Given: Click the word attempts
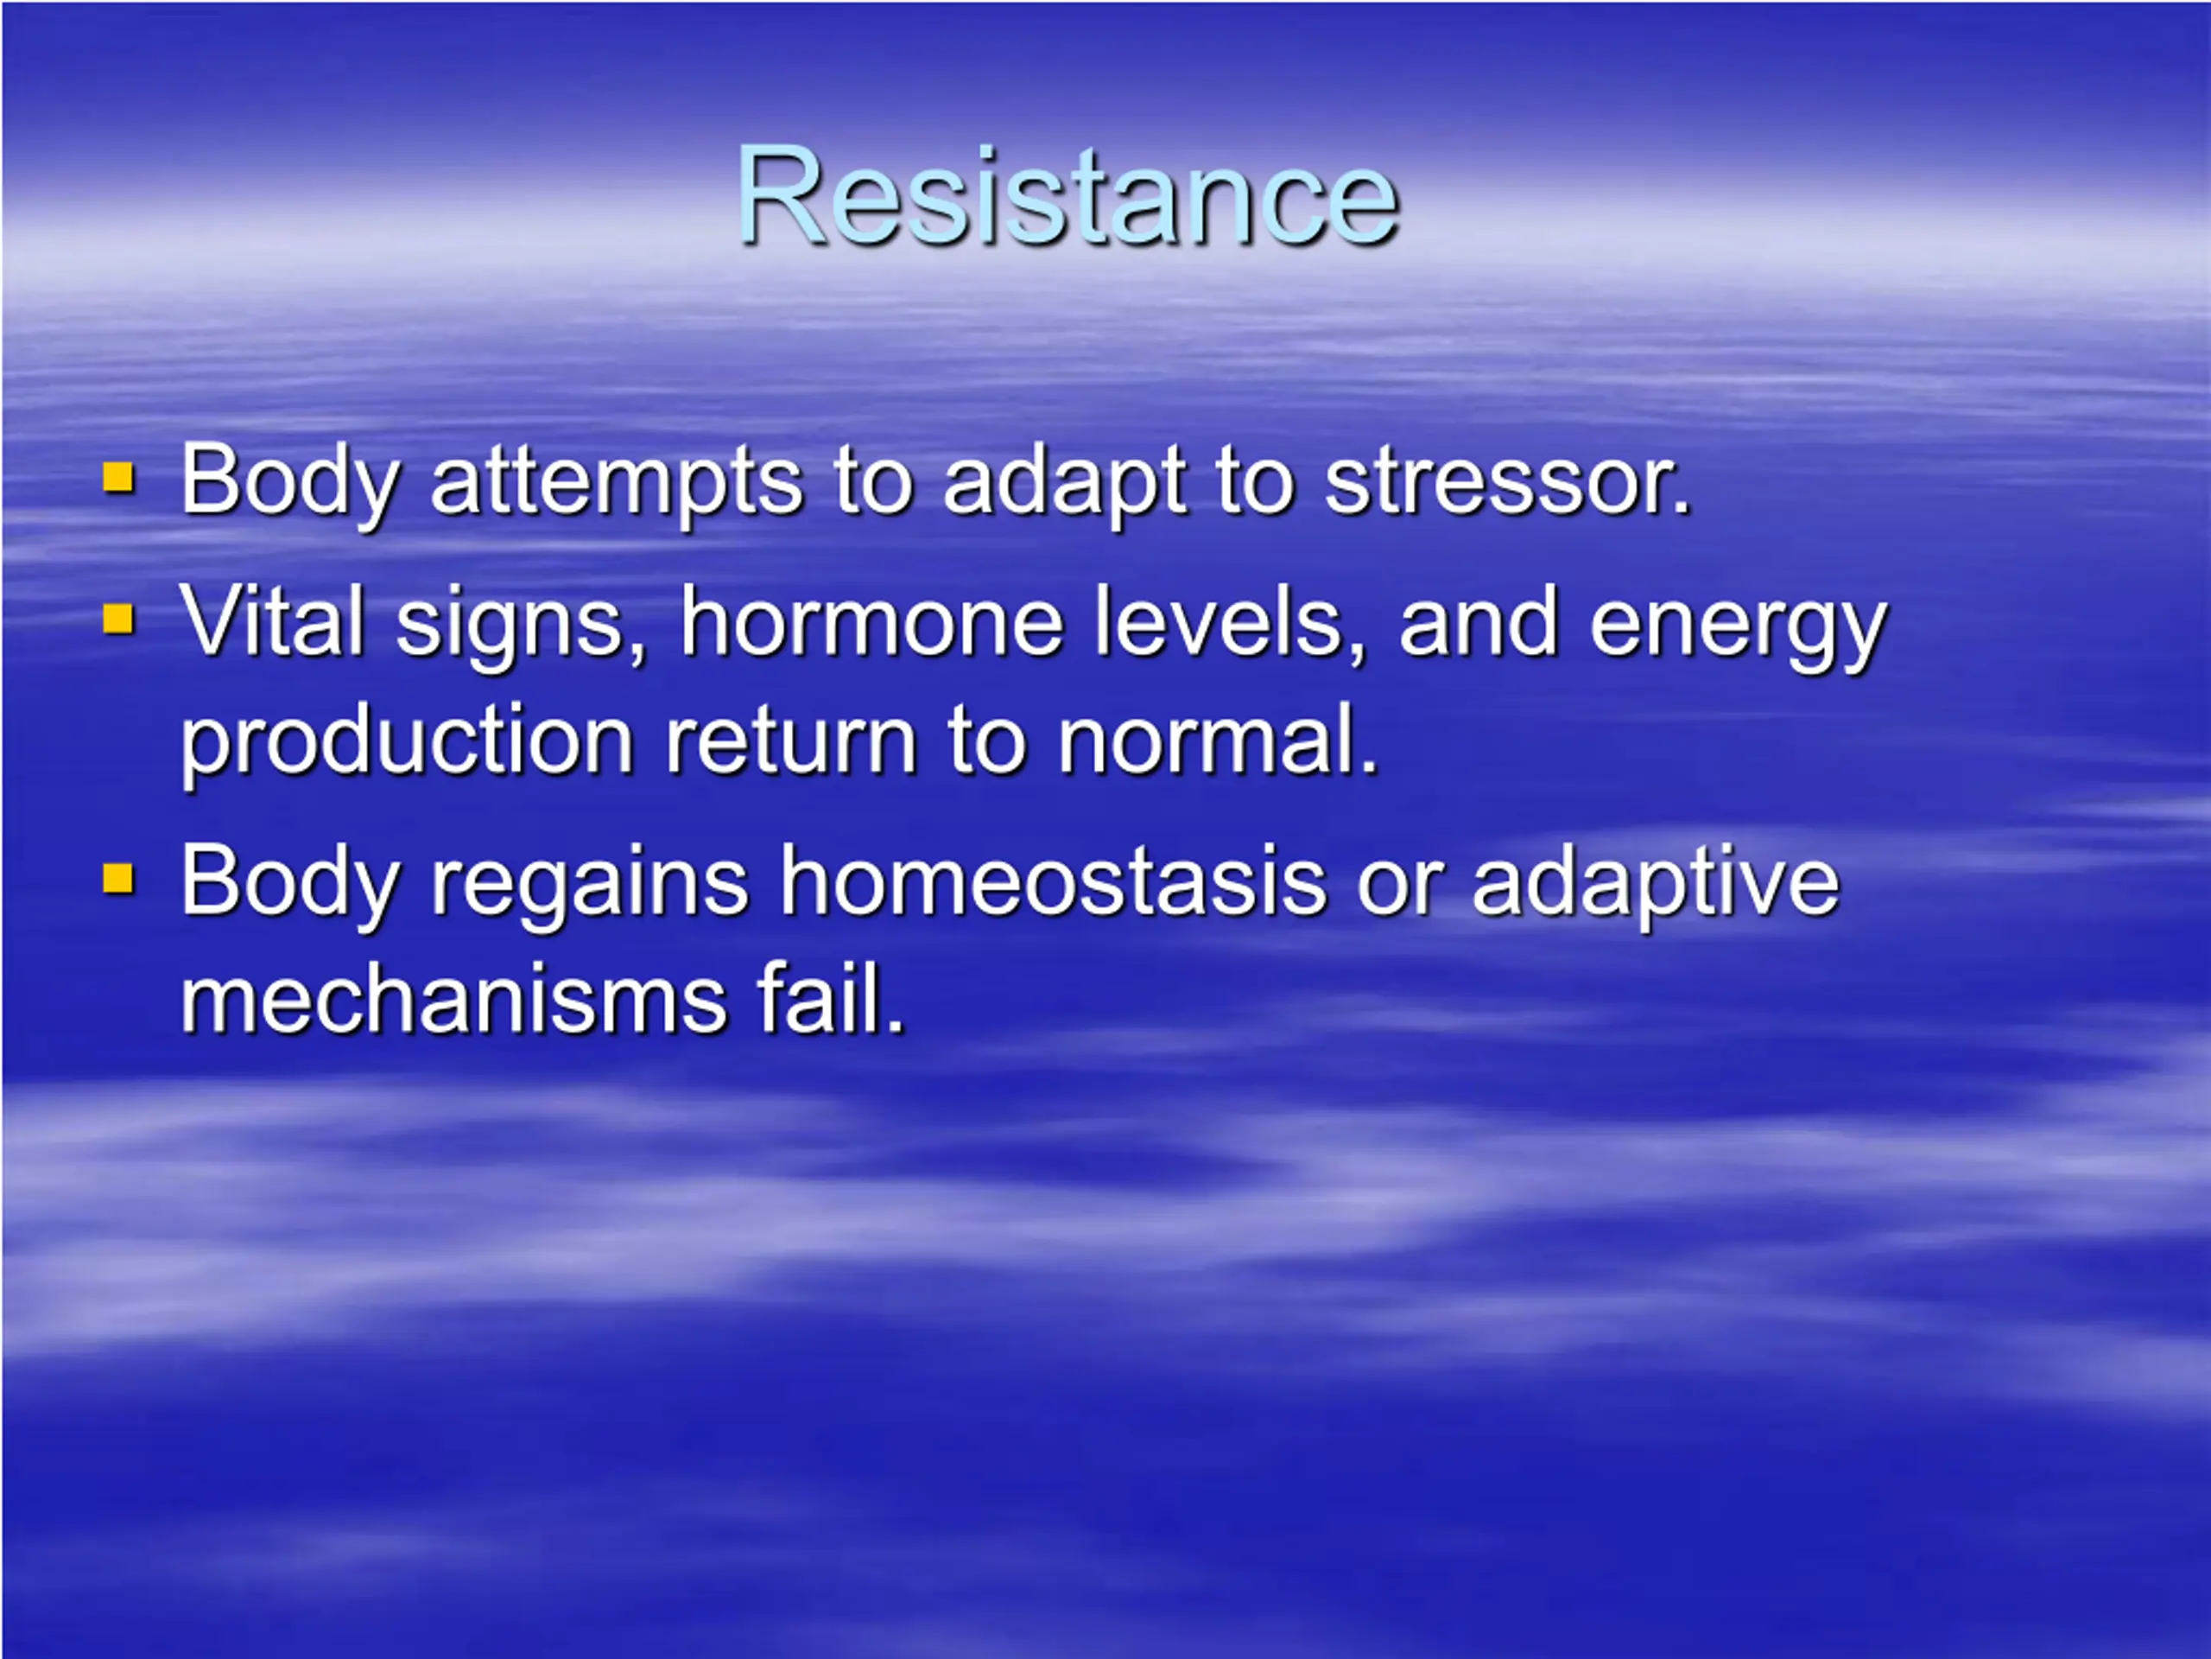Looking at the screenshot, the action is [616, 484].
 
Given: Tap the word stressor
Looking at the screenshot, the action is [1507, 482].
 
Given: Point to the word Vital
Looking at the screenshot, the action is [271, 622].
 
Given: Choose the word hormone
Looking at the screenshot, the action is [871, 622].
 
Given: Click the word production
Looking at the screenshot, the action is [406, 743].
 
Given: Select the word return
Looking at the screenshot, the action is [790, 743].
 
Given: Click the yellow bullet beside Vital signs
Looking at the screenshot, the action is [118, 619].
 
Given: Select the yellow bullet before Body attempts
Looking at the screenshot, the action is [118, 478].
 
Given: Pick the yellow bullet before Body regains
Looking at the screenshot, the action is [118, 879].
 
